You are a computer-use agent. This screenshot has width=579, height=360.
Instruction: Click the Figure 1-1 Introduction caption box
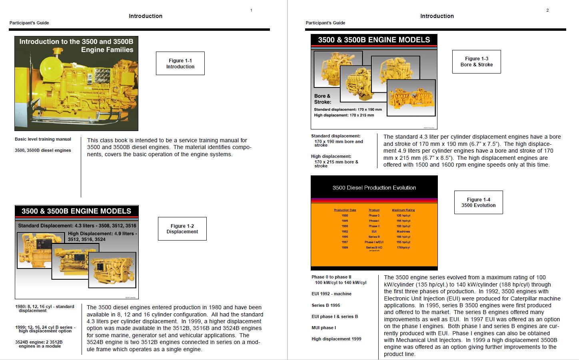pos(180,64)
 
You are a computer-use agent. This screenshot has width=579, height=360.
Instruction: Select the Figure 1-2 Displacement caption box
pos(182,229)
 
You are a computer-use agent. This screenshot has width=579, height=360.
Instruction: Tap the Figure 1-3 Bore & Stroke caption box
pos(476,62)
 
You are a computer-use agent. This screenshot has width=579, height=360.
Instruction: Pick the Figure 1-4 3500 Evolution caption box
pos(478,203)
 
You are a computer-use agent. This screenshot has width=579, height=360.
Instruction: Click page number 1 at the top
pos(251,10)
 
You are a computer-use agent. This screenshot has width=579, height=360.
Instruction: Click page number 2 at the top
pos(547,10)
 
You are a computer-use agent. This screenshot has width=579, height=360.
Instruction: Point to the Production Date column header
pos(345,210)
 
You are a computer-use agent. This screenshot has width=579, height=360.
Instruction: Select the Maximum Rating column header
pos(403,210)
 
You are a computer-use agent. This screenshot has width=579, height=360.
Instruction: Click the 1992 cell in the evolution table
pos(345,231)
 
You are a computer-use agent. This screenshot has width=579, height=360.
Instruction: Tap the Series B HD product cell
pos(374,247)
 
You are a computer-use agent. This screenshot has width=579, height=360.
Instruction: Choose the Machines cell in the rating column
pos(403,231)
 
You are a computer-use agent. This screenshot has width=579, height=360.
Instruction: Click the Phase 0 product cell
pos(374,215)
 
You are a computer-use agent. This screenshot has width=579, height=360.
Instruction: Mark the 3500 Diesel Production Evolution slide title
pos(374,188)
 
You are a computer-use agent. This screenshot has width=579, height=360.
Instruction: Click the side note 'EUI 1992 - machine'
pos(331,294)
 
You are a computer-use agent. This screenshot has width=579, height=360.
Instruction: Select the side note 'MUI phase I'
pos(323,328)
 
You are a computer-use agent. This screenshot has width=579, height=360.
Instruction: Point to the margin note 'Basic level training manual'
pos(43,139)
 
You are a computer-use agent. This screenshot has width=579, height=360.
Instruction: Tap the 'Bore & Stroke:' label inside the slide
pos(322,99)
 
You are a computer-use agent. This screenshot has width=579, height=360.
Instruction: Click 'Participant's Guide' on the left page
pos(29,23)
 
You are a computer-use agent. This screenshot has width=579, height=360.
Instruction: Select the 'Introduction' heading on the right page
pos(437,16)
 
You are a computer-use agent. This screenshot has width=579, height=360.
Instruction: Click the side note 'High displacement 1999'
pos(336,339)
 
